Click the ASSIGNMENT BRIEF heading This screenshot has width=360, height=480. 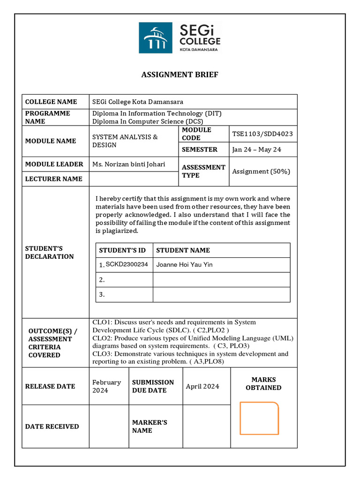coord(180,75)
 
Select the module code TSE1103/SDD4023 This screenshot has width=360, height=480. coord(262,134)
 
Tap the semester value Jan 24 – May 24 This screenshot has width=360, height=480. coord(256,150)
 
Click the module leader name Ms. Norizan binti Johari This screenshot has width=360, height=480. coord(128,164)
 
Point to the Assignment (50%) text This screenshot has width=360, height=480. coord(261,171)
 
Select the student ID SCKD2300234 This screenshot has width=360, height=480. coord(127,264)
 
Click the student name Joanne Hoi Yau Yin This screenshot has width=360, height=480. coord(184,264)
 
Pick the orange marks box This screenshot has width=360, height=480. coord(259,418)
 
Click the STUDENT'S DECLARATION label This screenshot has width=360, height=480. coord(49,252)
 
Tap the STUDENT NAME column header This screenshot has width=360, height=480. coord(183,250)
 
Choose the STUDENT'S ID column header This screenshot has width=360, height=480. coord(122,250)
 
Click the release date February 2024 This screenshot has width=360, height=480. coord(106,386)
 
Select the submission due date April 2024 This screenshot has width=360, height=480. coord(202,386)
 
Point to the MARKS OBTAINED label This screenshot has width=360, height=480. coord(263,383)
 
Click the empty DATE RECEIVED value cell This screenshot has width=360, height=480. coord(109,426)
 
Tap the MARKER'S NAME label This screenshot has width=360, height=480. coord(150,426)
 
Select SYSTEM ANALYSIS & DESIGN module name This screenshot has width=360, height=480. coord(125,141)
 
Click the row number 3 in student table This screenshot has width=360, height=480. coord(101,295)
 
